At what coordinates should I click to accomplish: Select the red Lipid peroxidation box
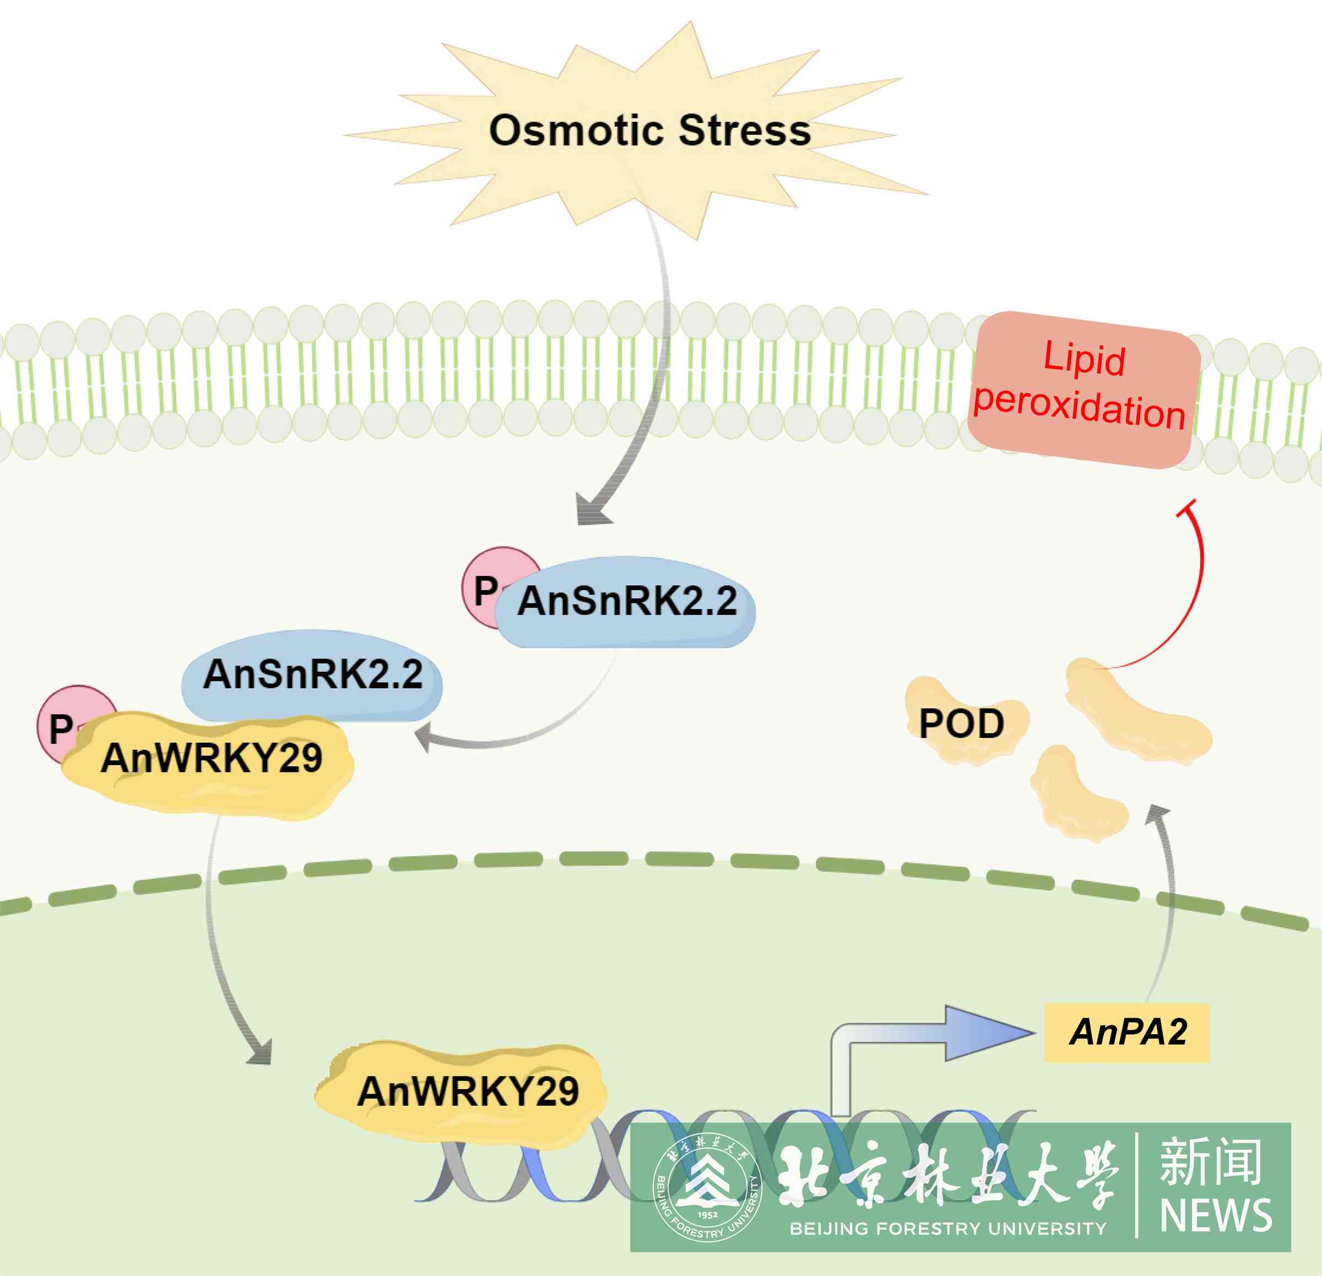[1082, 390]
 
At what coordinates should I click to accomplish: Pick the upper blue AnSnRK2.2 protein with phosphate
[625, 602]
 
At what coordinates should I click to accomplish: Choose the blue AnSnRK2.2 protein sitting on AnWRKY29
[312, 675]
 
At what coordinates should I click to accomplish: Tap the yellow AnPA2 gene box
[1126, 1032]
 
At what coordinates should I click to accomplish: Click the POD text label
[961, 724]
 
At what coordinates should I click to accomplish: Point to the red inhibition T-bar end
[1186, 509]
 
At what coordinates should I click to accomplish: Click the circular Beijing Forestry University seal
[707, 1188]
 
